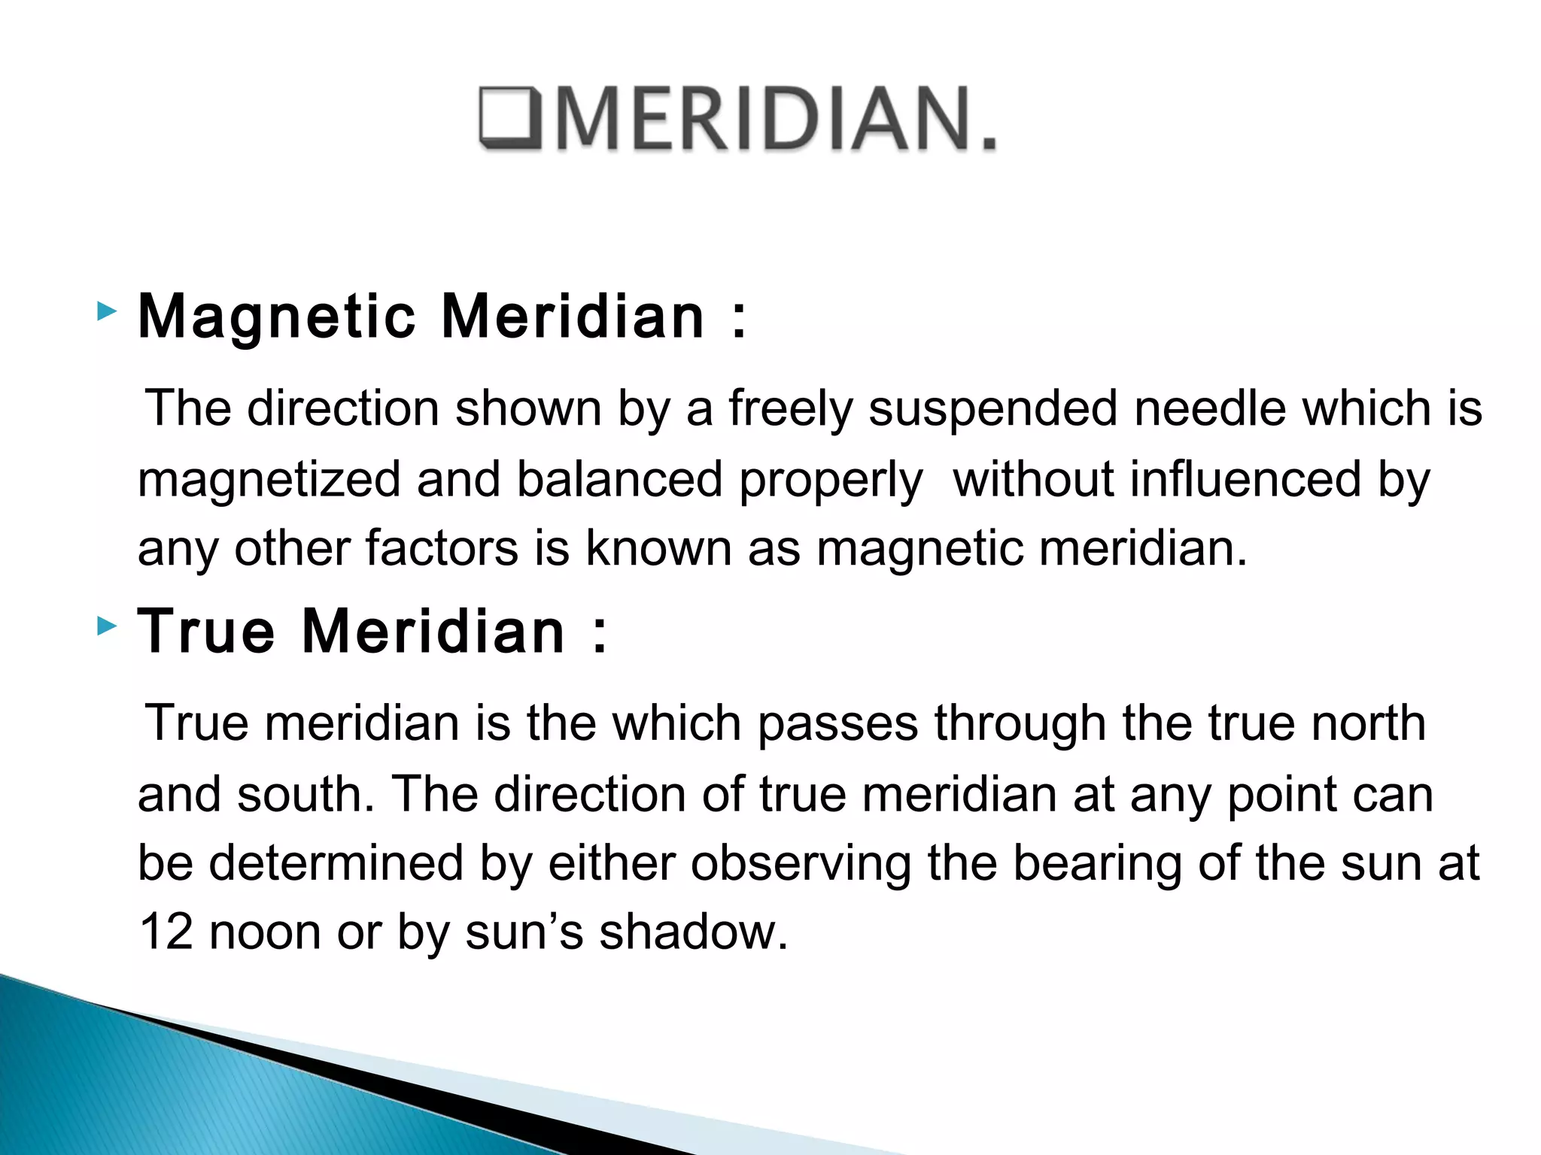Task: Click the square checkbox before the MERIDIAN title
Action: [509, 118]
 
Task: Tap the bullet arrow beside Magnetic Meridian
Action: [108, 311]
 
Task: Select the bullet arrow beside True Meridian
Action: [108, 626]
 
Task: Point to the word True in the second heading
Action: [206, 631]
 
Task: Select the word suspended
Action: [993, 408]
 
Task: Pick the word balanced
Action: [619, 479]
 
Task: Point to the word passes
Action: [837, 724]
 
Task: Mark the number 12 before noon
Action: [166, 932]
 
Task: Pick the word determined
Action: [336, 862]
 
